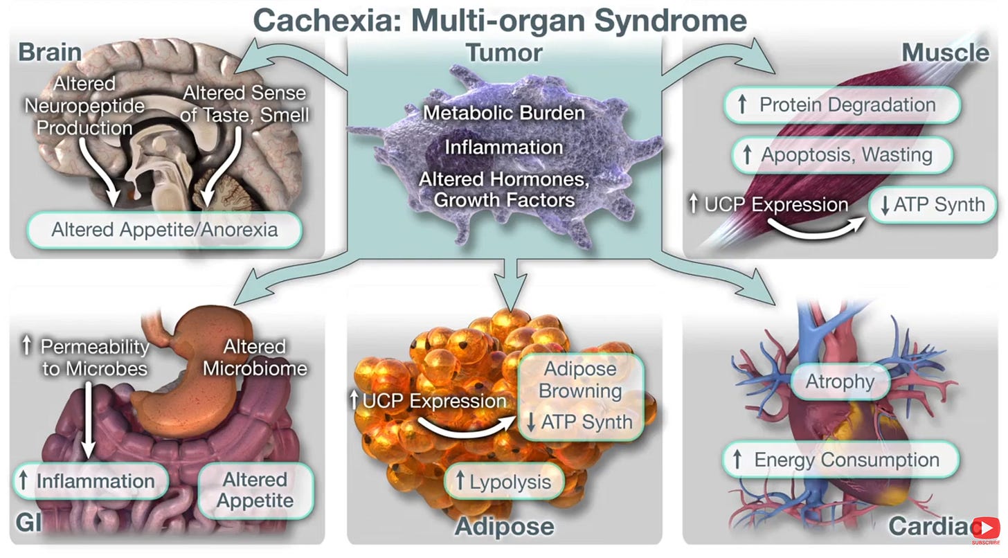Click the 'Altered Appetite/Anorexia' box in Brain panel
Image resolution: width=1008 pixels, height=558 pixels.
(x=165, y=230)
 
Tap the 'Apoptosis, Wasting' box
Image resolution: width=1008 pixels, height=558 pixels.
(x=842, y=155)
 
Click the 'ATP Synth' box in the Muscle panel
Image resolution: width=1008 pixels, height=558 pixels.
(x=931, y=205)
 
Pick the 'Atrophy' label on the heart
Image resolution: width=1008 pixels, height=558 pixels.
(x=840, y=381)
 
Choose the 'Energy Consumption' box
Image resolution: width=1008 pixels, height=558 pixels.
(x=840, y=460)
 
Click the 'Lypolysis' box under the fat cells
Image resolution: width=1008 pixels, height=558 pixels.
(x=503, y=483)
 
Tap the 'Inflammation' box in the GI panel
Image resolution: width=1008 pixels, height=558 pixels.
(x=90, y=481)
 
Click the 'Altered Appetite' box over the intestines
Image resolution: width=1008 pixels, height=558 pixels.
(x=255, y=489)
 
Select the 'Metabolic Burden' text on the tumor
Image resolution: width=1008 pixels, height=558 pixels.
(x=503, y=112)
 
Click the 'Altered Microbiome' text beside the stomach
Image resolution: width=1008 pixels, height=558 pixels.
(x=254, y=357)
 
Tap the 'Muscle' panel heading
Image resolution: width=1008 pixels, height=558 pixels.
(x=944, y=53)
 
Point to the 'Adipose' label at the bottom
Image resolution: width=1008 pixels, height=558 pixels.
(x=504, y=526)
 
